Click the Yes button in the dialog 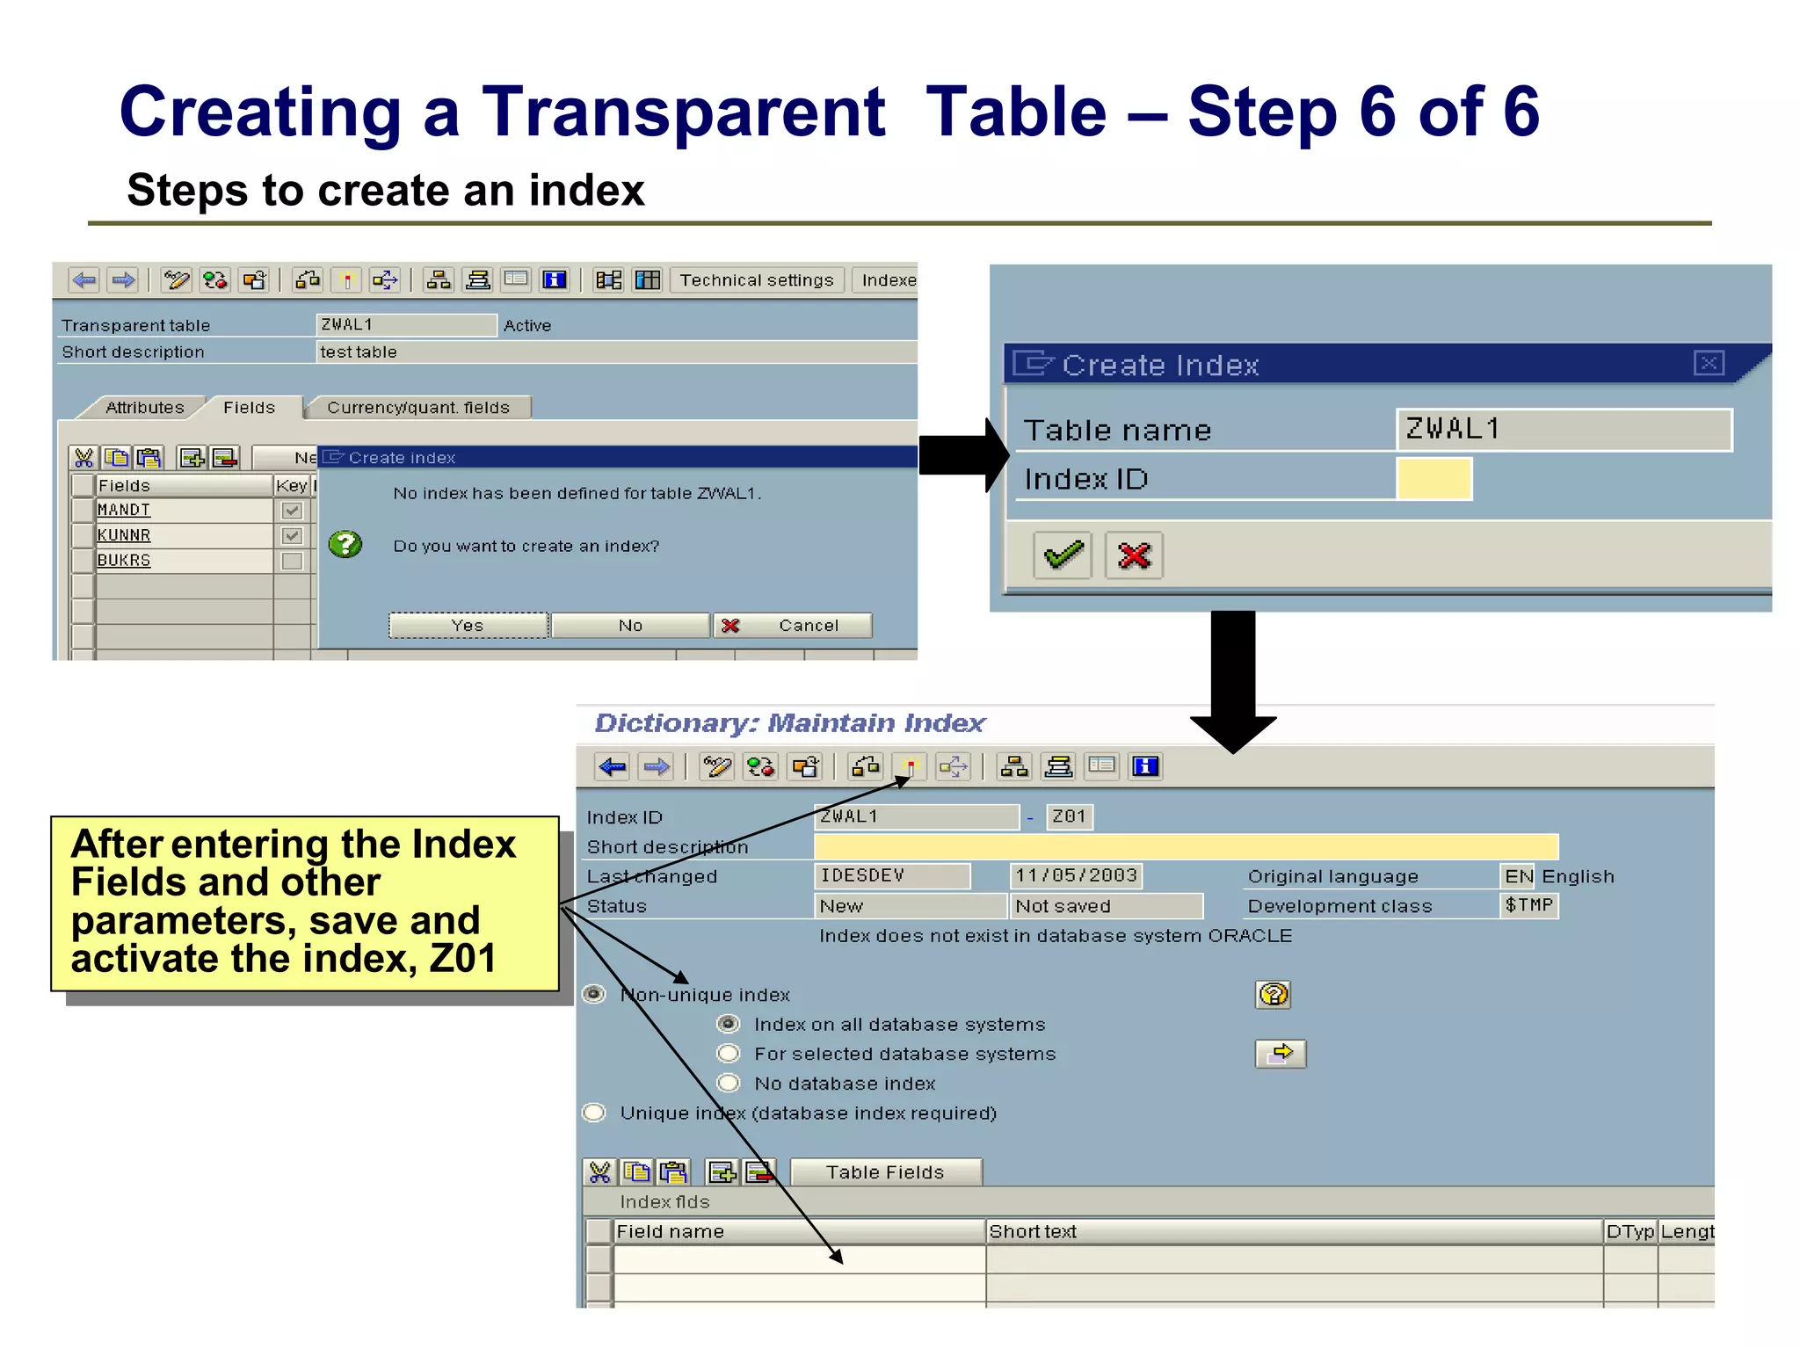(468, 625)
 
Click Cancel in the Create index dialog (793, 625)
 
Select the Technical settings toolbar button (756, 280)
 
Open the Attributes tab (144, 408)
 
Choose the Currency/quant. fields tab (417, 408)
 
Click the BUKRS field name (124, 561)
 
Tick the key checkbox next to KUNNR (292, 535)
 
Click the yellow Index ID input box (1433, 479)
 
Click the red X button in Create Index (1134, 555)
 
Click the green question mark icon (345, 545)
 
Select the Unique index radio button (595, 1113)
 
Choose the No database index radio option (729, 1083)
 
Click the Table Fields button (885, 1172)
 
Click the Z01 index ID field (1069, 816)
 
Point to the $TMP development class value (1528, 905)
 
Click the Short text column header (1033, 1231)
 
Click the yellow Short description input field (1186, 846)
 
